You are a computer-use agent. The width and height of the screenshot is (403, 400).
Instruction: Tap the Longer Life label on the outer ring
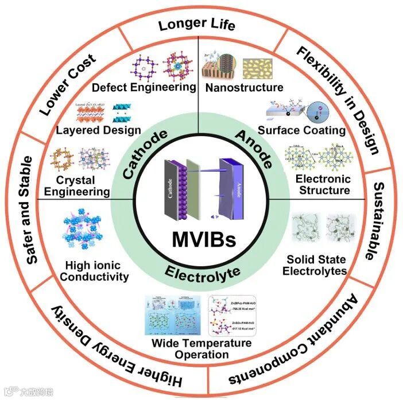pos(197,24)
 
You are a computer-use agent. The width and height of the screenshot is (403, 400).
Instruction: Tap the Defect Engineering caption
pos(152,87)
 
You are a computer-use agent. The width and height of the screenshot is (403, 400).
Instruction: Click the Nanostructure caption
pos(245,88)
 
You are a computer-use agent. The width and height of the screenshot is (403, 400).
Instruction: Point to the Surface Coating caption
pos(301,130)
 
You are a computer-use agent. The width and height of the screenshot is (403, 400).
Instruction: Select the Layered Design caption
pos(90,130)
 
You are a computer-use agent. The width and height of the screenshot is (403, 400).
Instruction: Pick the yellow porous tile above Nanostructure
pos(262,68)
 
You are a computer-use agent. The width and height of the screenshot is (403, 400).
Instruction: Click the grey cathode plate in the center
pos(170,187)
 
